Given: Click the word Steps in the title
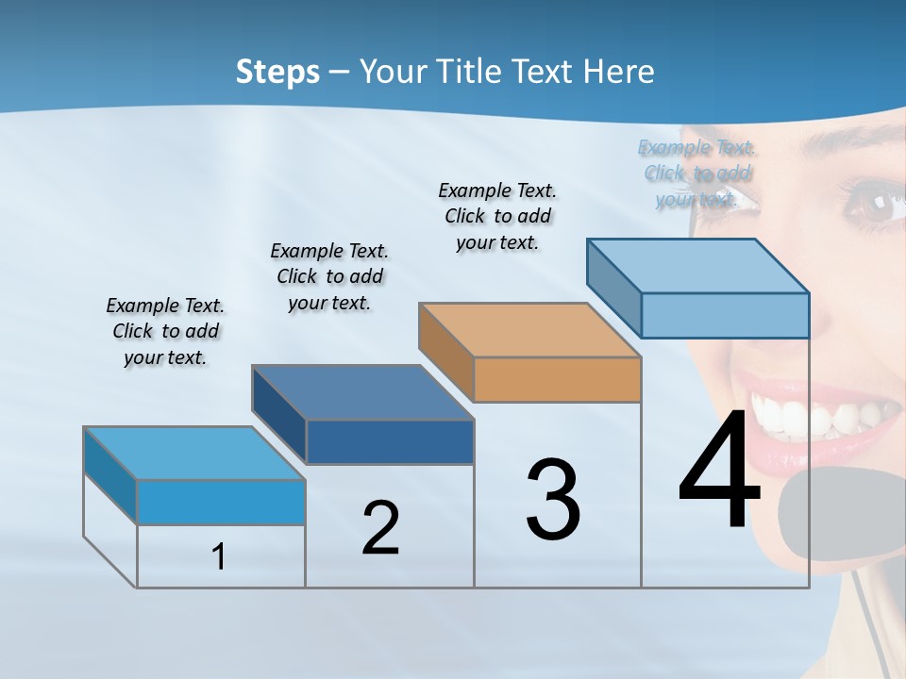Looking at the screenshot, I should point(277,72).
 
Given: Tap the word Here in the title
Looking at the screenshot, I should point(619,72).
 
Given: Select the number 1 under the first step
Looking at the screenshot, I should point(219,557).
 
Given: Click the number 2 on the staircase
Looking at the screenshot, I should point(380,528).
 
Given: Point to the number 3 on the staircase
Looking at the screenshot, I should point(553,499).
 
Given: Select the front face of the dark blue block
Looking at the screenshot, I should point(390,441).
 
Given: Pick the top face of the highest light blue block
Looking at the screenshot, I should point(698,265).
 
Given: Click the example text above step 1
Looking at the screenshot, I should point(165,331).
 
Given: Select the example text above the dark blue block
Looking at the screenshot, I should point(329,276).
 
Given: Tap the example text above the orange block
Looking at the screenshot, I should point(497,216).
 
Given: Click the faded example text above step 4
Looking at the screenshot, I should point(697,173).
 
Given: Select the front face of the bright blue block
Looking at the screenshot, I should point(221,502).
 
